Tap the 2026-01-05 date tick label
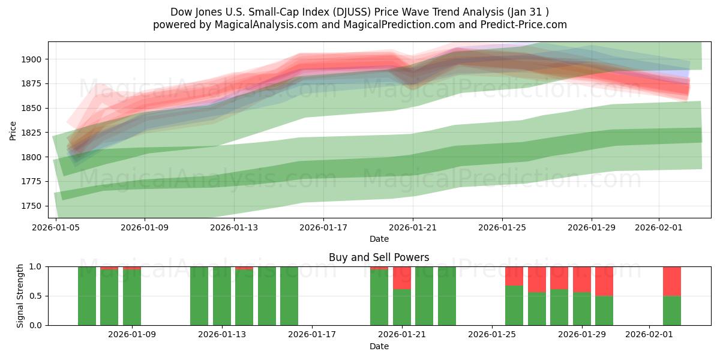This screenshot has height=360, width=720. (56, 228)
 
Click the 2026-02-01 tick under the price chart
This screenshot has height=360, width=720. (659, 228)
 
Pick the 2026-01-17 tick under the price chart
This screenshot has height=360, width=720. (323, 228)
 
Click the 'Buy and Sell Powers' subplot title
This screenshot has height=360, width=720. (379, 257)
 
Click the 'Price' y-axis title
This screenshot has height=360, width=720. (13, 130)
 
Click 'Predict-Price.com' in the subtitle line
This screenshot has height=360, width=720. (520, 25)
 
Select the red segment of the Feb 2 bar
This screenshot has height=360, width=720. (671, 281)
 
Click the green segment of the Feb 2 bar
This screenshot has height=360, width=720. (671, 310)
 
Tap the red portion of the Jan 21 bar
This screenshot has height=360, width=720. (401, 277)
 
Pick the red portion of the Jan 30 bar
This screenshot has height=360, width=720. (604, 281)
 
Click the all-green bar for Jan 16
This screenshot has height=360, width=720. (289, 296)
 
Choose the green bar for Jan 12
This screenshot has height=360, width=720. (199, 296)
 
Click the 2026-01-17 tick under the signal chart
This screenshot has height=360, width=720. (312, 334)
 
